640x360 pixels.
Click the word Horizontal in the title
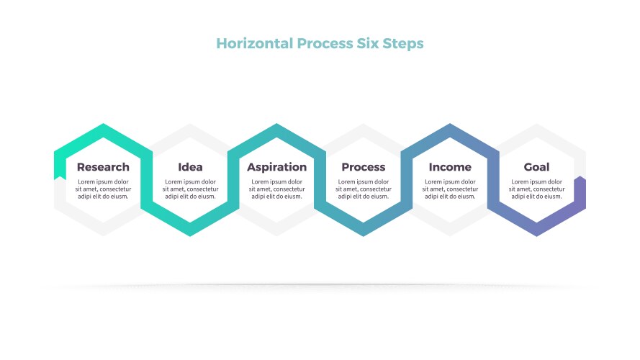coord(255,43)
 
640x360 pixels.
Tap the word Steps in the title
coord(403,44)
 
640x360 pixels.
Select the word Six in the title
coord(367,43)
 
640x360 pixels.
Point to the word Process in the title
coord(325,43)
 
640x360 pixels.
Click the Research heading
coord(103,167)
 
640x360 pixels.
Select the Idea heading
coord(190,167)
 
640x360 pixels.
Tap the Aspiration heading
coord(276,167)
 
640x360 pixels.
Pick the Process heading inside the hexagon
coord(364,167)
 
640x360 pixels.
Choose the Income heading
coord(450,167)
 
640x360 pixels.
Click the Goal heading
coord(536,167)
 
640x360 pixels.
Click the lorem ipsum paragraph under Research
coord(103,189)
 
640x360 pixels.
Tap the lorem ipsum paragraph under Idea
coord(190,189)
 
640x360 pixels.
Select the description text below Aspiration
coord(276,189)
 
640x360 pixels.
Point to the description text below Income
coord(450,189)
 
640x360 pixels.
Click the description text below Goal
coord(537,189)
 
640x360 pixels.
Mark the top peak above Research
coord(103,124)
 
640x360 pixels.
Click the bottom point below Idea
coord(190,235)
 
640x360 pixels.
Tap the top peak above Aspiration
coord(276,124)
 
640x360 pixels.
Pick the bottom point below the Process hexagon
coord(364,235)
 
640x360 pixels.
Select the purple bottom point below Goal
coord(537,235)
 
